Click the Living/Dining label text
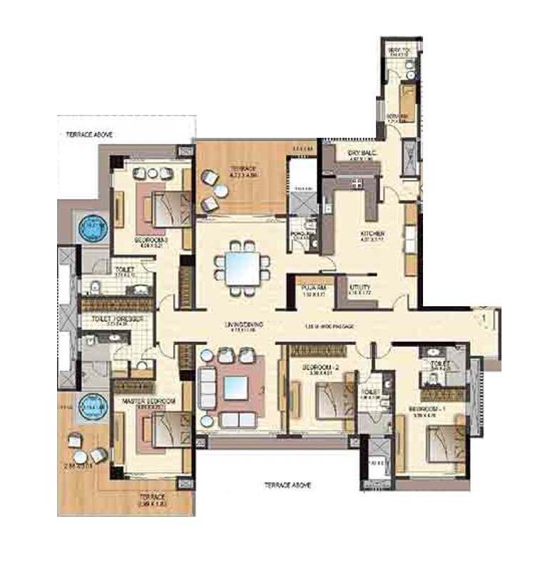tap(245, 325)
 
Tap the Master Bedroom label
tap(148, 402)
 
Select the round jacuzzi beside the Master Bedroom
tap(92, 407)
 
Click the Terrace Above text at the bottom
tap(287, 485)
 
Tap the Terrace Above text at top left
tap(89, 134)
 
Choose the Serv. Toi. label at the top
tap(399, 50)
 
